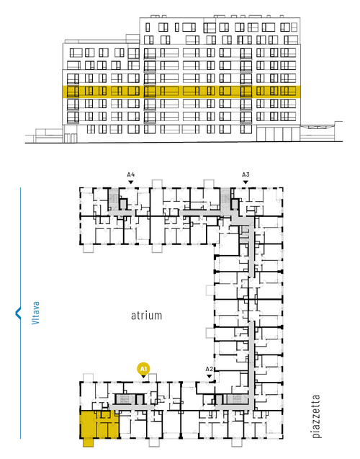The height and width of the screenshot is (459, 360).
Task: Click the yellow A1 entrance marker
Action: (x=143, y=369)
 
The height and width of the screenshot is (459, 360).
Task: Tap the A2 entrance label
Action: (x=209, y=369)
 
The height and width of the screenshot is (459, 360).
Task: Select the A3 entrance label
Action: (x=246, y=175)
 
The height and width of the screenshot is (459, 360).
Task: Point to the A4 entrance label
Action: (x=131, y=175)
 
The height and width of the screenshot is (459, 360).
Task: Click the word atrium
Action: (x=146, y=316)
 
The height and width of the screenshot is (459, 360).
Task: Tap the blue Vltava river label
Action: (x=36, y=313)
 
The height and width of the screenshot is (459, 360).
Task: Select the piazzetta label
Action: (x=316, y=416)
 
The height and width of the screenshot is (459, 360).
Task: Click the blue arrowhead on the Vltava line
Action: (x=18, y=313)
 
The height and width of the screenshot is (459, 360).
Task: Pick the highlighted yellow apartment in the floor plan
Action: (x=99, y=424)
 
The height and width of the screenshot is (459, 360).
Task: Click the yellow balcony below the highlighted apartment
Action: (x=88, y=442)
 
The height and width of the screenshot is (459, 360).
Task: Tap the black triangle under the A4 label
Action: (x=131, y=182)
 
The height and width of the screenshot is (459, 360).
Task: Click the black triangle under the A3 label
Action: (x=246, y=182)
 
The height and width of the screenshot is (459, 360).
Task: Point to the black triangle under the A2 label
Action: (x=209, y=376)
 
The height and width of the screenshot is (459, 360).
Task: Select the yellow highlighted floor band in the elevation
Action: (x=181, y=92)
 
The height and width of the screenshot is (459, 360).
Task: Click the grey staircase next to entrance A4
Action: (x=113, y=199)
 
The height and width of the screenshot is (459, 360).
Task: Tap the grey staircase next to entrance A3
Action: (x=225, y=199)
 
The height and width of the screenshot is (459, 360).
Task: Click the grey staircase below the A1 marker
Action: (x=125, y=399)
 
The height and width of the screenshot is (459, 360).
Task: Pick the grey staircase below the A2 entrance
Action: (x=237, y=399)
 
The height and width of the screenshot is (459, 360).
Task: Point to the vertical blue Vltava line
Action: (x=20, y=313)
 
